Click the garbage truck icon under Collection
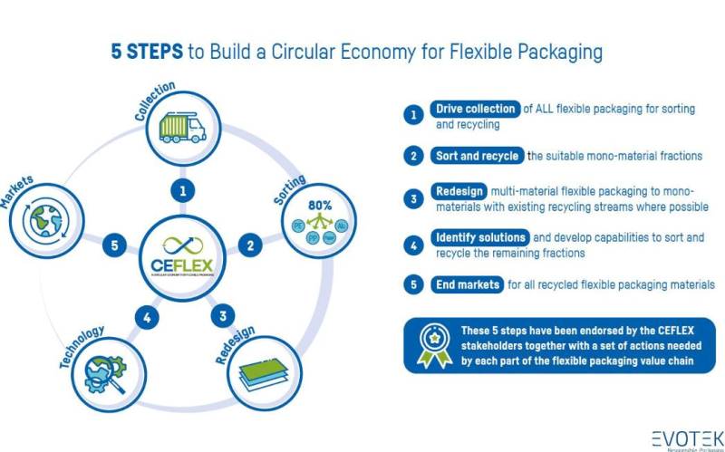point(181,128)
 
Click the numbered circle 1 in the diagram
point(183,191)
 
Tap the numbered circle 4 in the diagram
point(148,317)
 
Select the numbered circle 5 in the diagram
point(113,245)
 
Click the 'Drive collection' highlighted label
point(475,110)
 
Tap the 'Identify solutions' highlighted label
point(479,238)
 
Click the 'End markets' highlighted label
point(466,284)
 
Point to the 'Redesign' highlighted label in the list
point(459,192)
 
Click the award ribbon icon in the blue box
point(434,346)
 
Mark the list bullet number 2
point(413,156)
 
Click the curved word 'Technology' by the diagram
point(82,346)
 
